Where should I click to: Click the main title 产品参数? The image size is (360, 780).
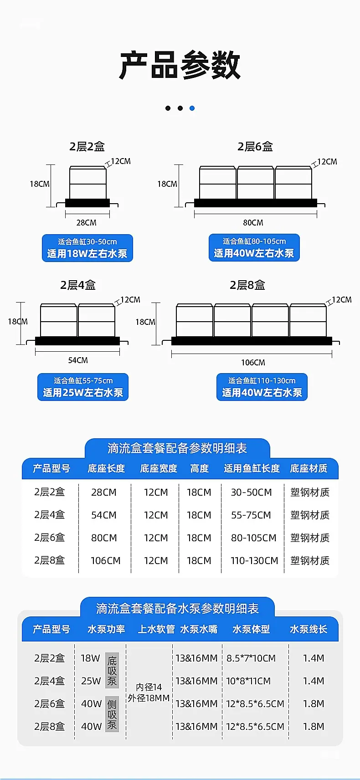pyautogui.click(x=180, y=65)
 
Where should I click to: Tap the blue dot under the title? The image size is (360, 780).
pyautogui.click(x=192, y=108)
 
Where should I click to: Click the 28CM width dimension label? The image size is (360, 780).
pyautogui.click(x=86, y=222)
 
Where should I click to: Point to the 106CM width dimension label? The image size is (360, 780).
pyautogui.click(x=253, y=363)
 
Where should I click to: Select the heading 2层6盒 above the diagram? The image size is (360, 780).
pyautogui.click(x=255, y=147)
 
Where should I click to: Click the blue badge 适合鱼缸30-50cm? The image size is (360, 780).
pyautogui.click(x=87, y=248)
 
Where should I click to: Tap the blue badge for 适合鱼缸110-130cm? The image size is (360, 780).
pyautogui.click(x=262, y=387)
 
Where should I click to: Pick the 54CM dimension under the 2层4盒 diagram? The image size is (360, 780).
pyautogui.click(x=78, y=360)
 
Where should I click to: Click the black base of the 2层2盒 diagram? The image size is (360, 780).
pyautogui.click(x=87, y=203)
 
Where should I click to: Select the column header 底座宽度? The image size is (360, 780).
pyautogui.click(x=159, y=468)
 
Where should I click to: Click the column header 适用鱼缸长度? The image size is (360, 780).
pyautogui.click(x=252, y=468)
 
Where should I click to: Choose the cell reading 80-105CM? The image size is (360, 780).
pyautogui.click(x=253, y=538)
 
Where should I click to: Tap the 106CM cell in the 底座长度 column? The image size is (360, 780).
pyautogui.click(x=105, y=560)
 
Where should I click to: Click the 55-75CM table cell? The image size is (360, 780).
pyautogui.click(x=251, y=515)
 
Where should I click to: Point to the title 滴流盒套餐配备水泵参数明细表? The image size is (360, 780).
pyautogui.click(x=178, y=608)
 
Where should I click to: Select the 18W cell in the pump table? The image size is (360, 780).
pyautogui.click(x=90, y=658)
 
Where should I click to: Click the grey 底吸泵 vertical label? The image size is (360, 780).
pyautogui.click(x=112, y=670)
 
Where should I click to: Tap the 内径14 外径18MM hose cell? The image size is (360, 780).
pyautogui.click(x=149, y=693)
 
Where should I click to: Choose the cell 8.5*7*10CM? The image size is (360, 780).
pyautogui.click(x=251, y=658)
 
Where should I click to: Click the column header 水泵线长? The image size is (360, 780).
pyautogui.click(x=309, y=629)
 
